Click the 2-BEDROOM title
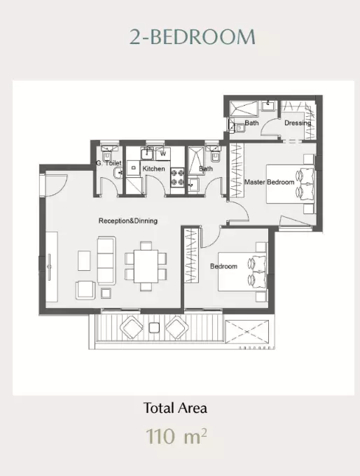tap(193, 37)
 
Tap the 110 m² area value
tap(176, 436)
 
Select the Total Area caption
tap(175, 408)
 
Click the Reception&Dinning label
tap(128, 220)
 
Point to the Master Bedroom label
tap(270, 182)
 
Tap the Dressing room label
tap(298, 123)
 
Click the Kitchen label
tap(153, 169)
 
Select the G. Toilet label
tap(109, 163)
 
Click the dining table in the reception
tap(146, 266)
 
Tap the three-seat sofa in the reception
tap(106, 261)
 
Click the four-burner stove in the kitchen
tap(177, 178)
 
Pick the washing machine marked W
tap(163, 154)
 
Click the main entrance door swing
tap(56, 185)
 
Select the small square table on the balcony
tap(154, 328)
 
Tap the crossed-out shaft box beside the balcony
tap(247, 332)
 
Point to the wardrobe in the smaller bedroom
tap(192, 255)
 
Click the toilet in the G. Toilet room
tap(107, 156)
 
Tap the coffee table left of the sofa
tap(84, 260)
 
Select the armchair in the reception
tap(85, 290)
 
